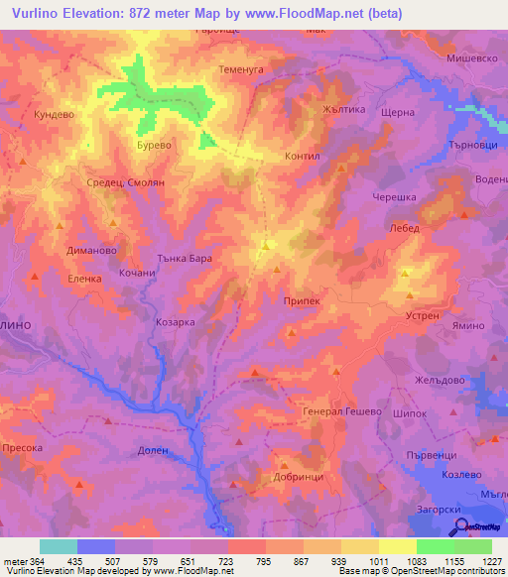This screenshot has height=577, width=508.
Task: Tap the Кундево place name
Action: click(x=56, y=115)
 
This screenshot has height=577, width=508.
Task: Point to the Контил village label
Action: click(x=301, y=157)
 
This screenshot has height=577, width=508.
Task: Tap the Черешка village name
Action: click(x=394, y=197)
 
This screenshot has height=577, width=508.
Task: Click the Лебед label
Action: click(x=406, y=228)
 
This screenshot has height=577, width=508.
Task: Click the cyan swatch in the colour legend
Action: click(x=59, y=546)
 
